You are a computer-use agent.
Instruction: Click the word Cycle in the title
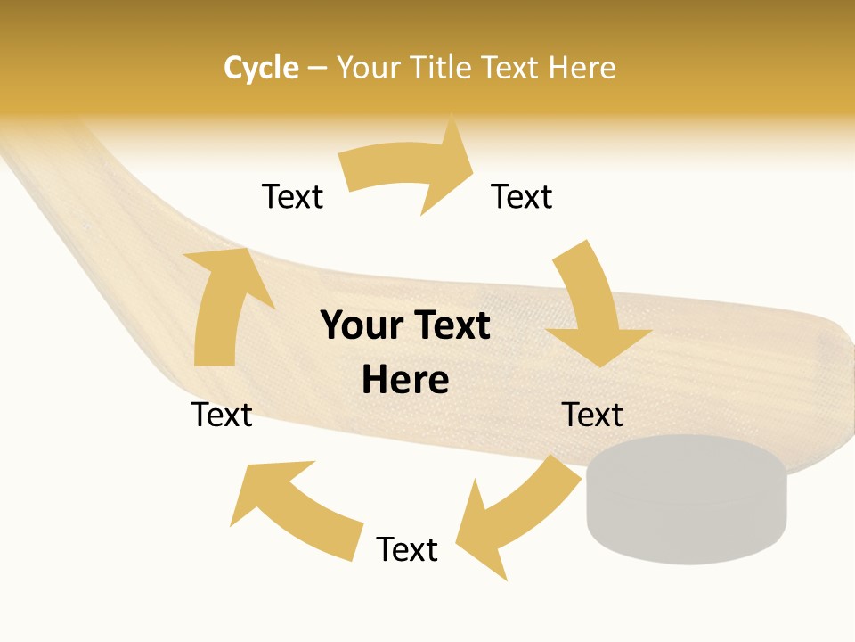tap(261, 68)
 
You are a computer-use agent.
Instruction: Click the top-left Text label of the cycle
tap(292, 196)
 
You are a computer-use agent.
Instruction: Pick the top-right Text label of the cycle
tap(522, 196)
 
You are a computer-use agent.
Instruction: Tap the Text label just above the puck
tap(592, 415)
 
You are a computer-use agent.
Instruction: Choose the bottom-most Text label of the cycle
tap(407, 549)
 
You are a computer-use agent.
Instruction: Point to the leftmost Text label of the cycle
tap(222, 415)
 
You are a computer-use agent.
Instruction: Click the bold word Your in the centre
tap(362, 326)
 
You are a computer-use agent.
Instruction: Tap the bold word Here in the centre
tap(405, 381)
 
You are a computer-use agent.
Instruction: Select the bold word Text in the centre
tap(449, 326)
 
